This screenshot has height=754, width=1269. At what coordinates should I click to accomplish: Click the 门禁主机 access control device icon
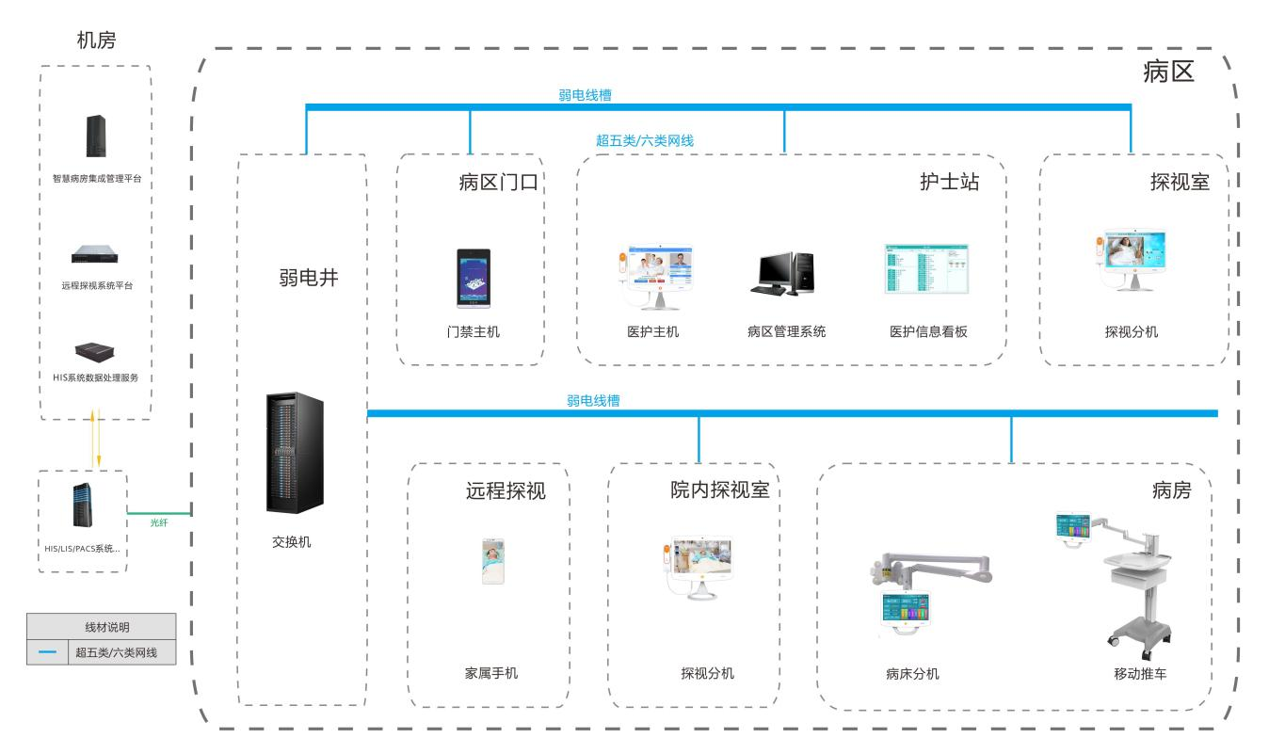(x=474, y=279)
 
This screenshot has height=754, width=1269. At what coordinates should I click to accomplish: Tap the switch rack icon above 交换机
(x=295, y=453)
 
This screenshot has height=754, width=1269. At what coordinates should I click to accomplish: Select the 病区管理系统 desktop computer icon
(x=781, y=274)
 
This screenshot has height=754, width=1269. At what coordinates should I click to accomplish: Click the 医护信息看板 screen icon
(x=926, y=269)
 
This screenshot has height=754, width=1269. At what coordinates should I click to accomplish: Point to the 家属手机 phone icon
(x=492, y=561)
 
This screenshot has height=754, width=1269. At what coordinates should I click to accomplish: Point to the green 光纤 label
(x=159, y=521)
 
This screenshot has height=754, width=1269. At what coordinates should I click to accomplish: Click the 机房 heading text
(x=96, y=40)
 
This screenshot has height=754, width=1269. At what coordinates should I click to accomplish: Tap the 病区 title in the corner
(x=1168, y=72)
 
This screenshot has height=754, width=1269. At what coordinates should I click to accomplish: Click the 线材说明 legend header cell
(x=101, y=627)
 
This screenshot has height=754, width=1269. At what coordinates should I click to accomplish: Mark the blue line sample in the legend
(x=47, y=652)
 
